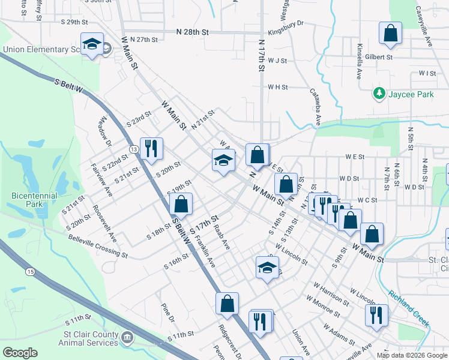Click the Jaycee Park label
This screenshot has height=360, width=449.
coord(411,94)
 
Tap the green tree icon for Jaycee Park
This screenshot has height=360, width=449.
coord(379,94)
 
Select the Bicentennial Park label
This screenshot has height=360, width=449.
coord(34,200)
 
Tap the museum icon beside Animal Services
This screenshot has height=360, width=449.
coord(127,337)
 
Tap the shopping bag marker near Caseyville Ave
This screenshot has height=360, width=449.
coord(390,34)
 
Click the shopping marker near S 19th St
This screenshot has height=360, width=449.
coord(181,205)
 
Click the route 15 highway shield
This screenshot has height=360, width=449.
coord(29,272)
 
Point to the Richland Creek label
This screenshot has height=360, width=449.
coord(409,308)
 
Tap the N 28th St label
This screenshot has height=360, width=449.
coord(193,31)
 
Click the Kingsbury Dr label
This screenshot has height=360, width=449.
coord(286,28)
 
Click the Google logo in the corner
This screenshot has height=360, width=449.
coord(19,353)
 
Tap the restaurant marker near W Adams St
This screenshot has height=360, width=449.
coord(376,314)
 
